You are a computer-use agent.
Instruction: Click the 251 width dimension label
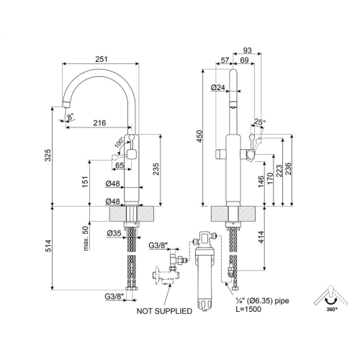pyautogui.click(x=102, y=59)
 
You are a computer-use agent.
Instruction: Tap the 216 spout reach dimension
pyautogui.click(x=99, y=123)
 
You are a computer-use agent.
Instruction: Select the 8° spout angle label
pyautogui.click(x=71, y=117)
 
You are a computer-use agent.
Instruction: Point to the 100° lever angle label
pyautogui.click(x=120, y=143)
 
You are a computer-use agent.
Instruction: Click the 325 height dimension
pyautogui.click(x=48, y=155)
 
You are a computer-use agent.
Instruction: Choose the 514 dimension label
pyautogui.click(x=48, y=246)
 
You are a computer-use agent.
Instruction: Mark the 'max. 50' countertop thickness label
pyautogui.click(x=86, y=238)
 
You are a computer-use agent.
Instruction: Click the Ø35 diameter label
pyautogui.click(x=114, y=233)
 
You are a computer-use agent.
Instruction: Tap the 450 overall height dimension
pyautogui.click(x=199, y=136)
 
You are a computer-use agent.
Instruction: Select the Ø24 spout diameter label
pyautogui.click(x=218, y=88)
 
